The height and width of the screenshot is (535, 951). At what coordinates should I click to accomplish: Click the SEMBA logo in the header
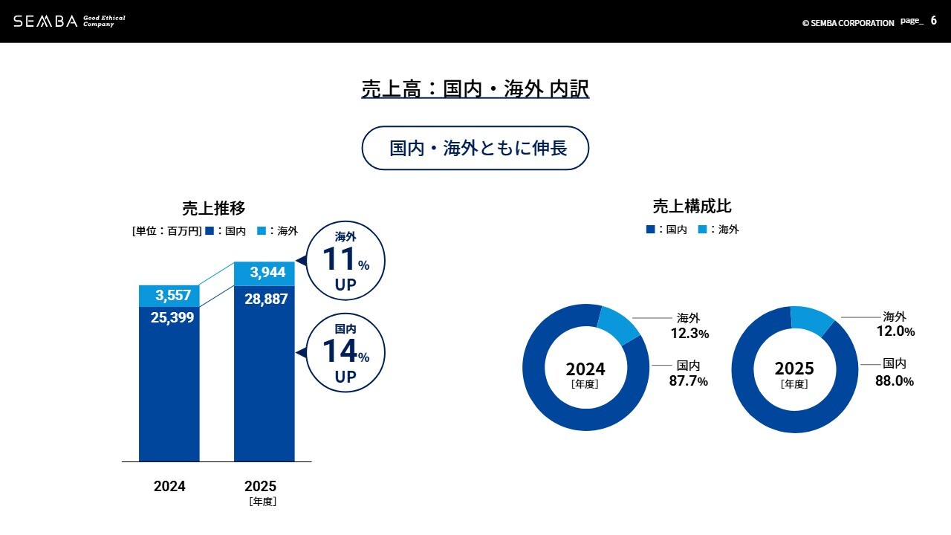(45, 21)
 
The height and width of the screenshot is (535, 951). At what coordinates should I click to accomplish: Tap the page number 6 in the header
(934, 21)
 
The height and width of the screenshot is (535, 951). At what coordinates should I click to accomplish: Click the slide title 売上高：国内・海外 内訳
(475, 89)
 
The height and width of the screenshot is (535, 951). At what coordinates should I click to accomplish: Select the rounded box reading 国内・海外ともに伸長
(475, 148)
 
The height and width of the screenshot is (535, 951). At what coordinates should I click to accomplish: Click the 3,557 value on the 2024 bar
(173, 296)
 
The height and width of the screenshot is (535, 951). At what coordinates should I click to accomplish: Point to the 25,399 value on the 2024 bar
(172, 318)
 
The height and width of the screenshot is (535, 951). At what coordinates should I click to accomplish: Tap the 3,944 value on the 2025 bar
(267, 273)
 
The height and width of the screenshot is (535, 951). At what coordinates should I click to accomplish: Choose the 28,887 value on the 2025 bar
(266, 299)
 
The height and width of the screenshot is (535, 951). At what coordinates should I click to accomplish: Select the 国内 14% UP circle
(345, 352)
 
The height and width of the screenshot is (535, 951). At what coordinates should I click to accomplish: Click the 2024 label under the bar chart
(169, 487)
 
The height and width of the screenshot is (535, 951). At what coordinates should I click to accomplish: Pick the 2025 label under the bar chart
(260, 487)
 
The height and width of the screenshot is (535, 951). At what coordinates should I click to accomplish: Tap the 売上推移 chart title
(214, 208)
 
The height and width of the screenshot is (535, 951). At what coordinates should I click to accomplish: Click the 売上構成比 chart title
(692, 206)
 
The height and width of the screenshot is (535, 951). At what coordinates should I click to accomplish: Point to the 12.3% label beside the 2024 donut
(689, 334)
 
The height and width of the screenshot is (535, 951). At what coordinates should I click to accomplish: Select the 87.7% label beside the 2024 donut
(689, 381)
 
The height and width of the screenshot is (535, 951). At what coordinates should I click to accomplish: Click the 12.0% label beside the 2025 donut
(895, 331)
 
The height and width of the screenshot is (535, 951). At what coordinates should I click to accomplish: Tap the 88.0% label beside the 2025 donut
(895, 380)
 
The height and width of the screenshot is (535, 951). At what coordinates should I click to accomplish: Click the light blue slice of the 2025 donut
(812, 319)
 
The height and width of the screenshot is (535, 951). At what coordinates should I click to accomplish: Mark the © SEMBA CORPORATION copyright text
(848, 23)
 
